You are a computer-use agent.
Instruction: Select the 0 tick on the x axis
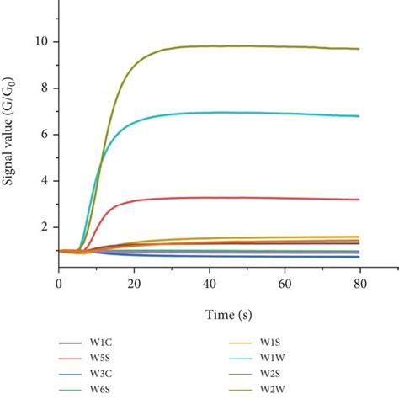click(x=58, y=285)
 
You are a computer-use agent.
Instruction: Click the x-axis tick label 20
click(x=135, y=285)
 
